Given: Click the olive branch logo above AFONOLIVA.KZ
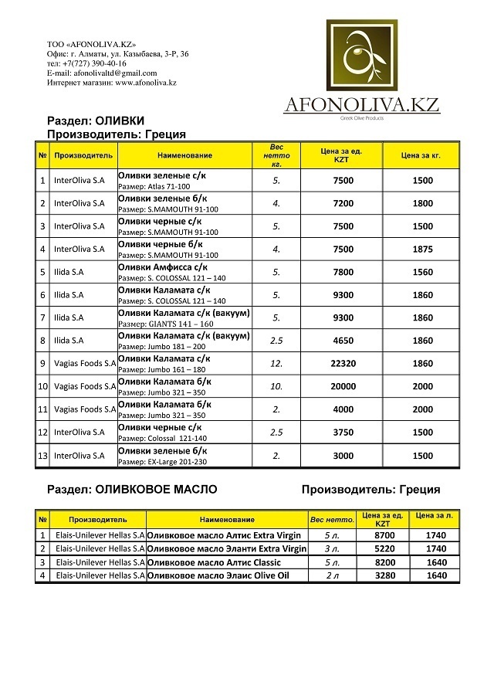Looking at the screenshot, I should point(362,56).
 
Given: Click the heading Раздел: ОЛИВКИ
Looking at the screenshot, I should point(96,121).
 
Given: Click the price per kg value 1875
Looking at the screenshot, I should point(421,249).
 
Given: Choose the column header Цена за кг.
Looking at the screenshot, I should point(421,155).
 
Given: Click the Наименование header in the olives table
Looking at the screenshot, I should point(184,155).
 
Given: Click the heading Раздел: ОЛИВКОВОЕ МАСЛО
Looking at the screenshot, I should point(132,489).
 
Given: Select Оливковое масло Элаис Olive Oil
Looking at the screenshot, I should point(218,575).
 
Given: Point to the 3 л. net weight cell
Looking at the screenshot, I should point(332,548).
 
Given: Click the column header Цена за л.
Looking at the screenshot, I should point(432,515).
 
